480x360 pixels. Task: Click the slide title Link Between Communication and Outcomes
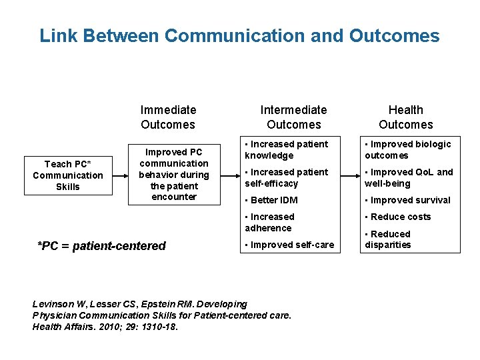tap(239, 35)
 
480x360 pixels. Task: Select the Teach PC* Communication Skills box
tap(68, 175)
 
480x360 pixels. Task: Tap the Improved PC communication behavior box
tap(174, 175)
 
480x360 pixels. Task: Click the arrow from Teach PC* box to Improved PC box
tap(119, 175)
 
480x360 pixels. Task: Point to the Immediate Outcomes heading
tap(168, 117)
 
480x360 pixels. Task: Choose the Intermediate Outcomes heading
tap(293, 117)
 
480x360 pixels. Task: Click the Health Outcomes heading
tap(405, 117)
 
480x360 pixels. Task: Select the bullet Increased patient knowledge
tap(286, 150)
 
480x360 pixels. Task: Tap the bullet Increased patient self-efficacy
tap(286, 178)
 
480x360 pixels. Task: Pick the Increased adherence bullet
tap(269, 222)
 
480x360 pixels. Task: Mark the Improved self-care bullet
tap(289, 245)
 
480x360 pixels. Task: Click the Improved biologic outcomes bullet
tap(407, 150)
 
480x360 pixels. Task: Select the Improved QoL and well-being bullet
tap(409, 178)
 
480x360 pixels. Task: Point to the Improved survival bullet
tap(407, 200)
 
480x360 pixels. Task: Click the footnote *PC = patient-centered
tap(102, 246)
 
